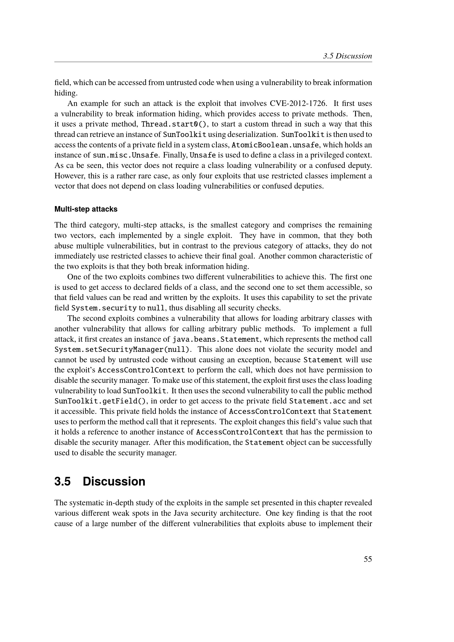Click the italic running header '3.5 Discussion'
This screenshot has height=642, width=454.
tap(347, 56)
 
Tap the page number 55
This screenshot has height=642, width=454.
tap(368, 559)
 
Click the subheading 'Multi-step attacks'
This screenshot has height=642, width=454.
tap(86, 209)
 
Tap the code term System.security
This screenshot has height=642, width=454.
tap(104, 308)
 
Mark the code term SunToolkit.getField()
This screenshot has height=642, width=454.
tap(100, 401)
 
